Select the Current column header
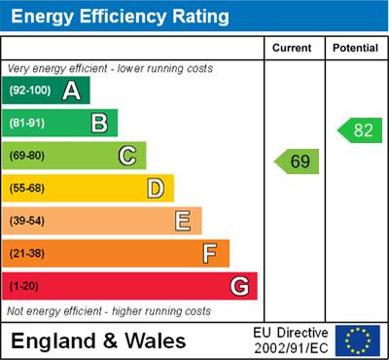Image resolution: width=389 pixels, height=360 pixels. pyautogui.click(x=292, y=48)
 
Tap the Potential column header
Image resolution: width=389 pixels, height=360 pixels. pyautogui.click(x=354, y=48)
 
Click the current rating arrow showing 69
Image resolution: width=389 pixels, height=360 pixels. pyautogui.click(x=297, y=162)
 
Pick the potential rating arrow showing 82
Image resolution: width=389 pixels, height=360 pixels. pyautogui.click(x=357, y=130)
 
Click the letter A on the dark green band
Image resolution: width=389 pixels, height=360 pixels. pyautogui.click(x=71, y=90)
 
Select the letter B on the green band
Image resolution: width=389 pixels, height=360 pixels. pyautogui.click(x=98, y=123)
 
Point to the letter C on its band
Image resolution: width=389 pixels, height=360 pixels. pyautogui.click(x=126, y=156)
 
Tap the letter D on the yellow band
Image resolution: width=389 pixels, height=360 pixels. pyautogui.click(x=156, y=188)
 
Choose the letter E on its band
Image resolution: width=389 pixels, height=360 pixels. pyautogui.click(x=183, y=221)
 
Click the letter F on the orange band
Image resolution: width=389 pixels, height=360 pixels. pyautogui.click(x=209, y=254)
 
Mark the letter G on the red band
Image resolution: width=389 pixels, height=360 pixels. pyautogui.click(x=238, y=287)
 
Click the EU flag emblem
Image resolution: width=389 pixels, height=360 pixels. pyautogui.click(x=358, y=341)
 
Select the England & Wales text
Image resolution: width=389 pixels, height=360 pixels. pyautogui.click(x=97, y=341)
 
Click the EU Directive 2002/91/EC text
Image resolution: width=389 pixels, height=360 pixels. pyautogui.click(x=291, y=341)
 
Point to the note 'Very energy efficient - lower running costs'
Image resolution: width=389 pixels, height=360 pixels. pyautogui.click(x=109, y=69)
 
